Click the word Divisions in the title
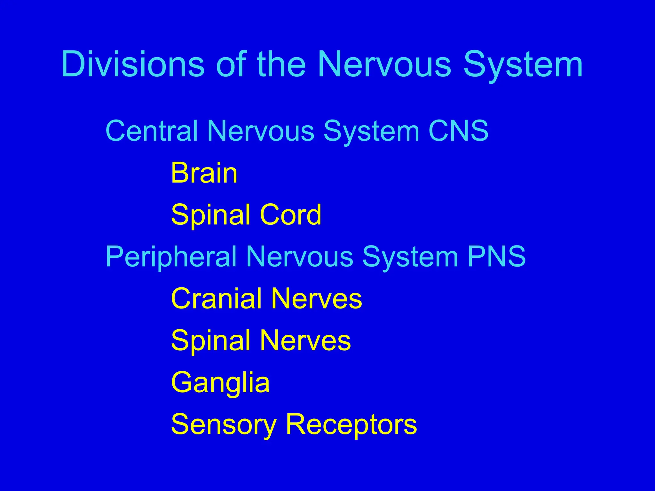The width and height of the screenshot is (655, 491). (x=133, y=64)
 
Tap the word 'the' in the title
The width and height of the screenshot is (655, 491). (x=281, y=64)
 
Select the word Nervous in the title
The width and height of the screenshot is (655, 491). (x=384, y=64)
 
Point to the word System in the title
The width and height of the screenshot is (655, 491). (x=523, y=66)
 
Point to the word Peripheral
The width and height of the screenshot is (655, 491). (x=171, y=257)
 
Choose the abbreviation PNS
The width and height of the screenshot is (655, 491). (x=496, y=256)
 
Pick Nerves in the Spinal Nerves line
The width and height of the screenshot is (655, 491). (x=305, y=340)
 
